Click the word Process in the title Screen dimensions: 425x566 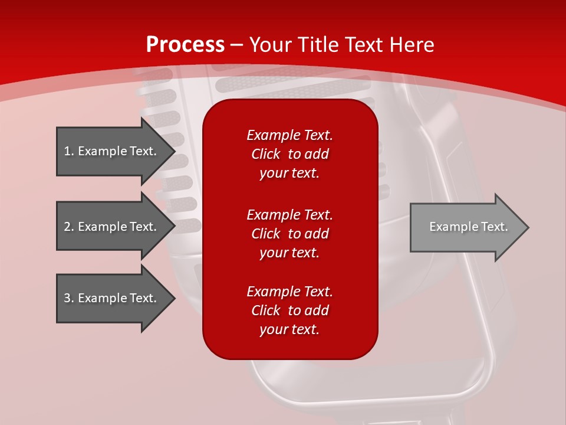pyautogui.click(x=185, y=45)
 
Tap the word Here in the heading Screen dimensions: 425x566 pyautogui.click(x=410, y=45)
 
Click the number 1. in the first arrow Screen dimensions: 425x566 pyautogui.click(x=69, y=151)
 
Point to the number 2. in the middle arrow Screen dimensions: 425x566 pyautogui.click(x=69, y=227)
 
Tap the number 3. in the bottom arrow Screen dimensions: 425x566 pyautogui.click(x=69, y=298)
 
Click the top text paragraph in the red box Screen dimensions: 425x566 pyautogui.click(x=289, y=154)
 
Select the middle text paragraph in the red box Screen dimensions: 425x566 pyautogui.click(x=289, y=234)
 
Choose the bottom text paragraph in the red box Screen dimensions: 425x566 pyautogui.click(x=289, y=310)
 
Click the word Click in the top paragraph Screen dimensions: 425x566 pyautogui.click(x=266, y=154)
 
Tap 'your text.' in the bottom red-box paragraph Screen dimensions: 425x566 pyautogui.click(x=289, y=329)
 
